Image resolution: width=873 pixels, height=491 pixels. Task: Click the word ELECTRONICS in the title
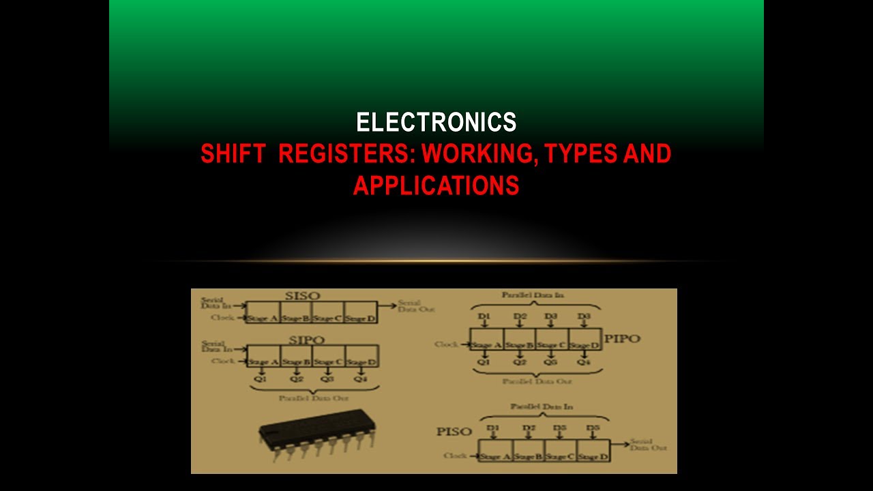pyautogui.click(x=436, y=123)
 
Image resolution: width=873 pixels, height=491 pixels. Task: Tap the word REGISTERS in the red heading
pyautogui.click(x=346, y=154)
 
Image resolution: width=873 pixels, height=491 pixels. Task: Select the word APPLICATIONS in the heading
pyautogui.click(x=436, y=185)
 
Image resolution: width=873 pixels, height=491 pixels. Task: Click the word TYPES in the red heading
pyautogui.click(x=585, y=154)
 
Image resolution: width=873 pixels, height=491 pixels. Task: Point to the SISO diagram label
pyautogui.click(x=301, y=296)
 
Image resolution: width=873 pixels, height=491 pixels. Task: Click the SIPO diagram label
pyautogui.click(x=307, y=340)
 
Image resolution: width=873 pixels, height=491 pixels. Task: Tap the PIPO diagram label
pyautogui.click(x=623, y=338)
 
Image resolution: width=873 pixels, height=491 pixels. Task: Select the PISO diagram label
pyautogui.click(x=454, y=432)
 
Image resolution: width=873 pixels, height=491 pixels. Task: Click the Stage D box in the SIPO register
pyautogui.click(x=361, y=361)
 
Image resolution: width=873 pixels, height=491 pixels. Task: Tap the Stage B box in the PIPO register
pyautogui.click(x=520, y=345)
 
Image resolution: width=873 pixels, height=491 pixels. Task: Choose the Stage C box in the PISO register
pyautogui.click(x=561, y=456)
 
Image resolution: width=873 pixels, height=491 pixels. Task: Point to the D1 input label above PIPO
pyautogui.click(x=484, y=317)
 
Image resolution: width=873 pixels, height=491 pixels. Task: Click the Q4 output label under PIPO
pyautogui.click(x=584, y=362)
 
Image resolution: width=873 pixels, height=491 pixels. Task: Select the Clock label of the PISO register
pyautogui.click(x=455, y=456)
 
